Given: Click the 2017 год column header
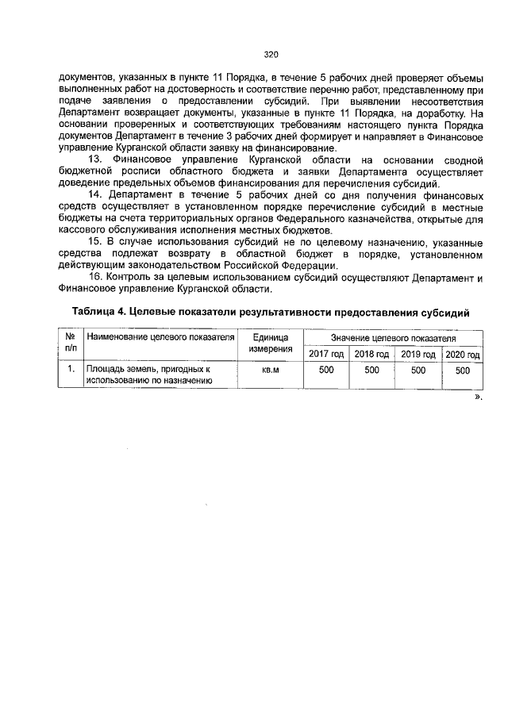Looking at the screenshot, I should coord(325,354).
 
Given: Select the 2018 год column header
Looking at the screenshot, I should coord(371,354).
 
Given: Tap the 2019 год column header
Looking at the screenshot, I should coord(418,354).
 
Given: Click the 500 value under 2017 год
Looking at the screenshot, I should coord(325,370).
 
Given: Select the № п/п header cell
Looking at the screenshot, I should coord(71,343).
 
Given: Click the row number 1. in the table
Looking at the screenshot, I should coord(71,370).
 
